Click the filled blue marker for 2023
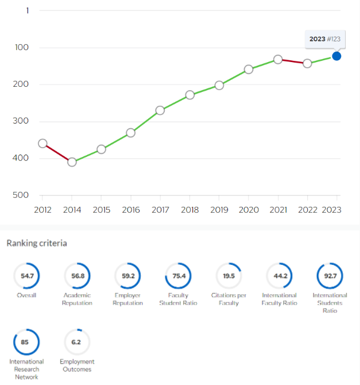[336, 56]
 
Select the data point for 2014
[72, 162]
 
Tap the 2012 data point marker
[42, 144]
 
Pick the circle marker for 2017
[160, 110]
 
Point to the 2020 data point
[249, 70]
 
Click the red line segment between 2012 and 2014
[57, 153]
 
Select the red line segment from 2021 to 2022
[293, 61]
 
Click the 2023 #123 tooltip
[325, 39]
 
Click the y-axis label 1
[27, 10]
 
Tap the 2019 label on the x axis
[219, 210]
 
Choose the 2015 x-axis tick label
[102, 210]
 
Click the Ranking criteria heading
[37, 243]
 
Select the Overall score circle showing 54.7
[26, 276]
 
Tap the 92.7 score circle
[330, 276]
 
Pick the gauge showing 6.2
[77, 342]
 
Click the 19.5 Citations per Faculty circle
[229, 276]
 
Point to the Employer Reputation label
[127, 299]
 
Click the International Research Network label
[26, 369]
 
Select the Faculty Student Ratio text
[178, 299]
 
